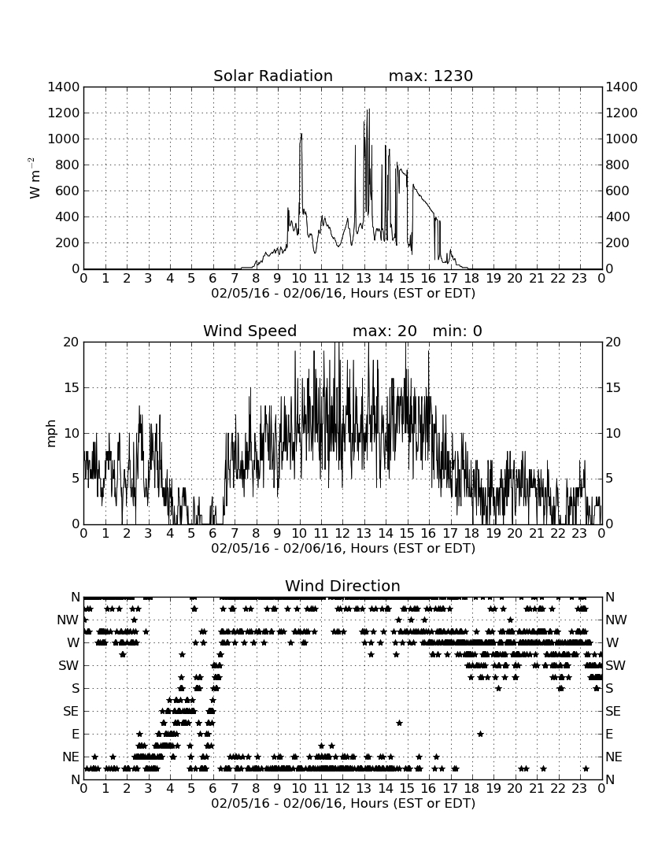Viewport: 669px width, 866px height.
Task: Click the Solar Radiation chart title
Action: (272, 76)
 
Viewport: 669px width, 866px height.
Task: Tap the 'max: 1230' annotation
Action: (431, 76)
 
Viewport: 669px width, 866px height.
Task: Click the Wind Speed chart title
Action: (250, 331)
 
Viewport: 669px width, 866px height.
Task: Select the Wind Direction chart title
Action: (342, 586)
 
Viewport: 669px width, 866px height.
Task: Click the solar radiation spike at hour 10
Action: (301, 134)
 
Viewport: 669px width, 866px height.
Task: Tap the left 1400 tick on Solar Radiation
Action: (64, 87)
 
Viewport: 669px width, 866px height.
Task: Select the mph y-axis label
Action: (51, 433)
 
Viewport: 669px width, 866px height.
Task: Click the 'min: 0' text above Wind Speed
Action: (457, 331)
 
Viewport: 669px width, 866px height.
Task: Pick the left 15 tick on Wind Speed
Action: (72, 387)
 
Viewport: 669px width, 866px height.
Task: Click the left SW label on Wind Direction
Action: (69, 665)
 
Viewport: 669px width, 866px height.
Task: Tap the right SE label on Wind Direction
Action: (613, 712)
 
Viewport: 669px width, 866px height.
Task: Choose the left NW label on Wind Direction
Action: (68, 620)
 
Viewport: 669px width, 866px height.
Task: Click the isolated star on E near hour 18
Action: (480, 734)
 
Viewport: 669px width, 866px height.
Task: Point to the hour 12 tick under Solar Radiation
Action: (342, 278)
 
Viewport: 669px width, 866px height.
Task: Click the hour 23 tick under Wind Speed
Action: (579, 533)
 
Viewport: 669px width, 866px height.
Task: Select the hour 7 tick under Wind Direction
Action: (235, 788)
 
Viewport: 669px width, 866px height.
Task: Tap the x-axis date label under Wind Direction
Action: (343, 803)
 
